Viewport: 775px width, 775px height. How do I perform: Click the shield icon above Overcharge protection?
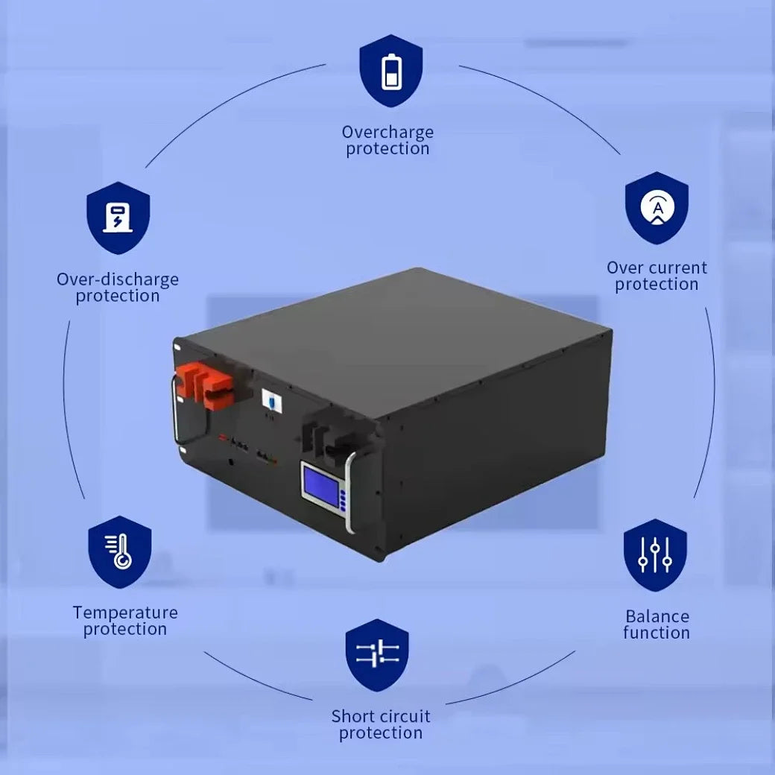point(391,71)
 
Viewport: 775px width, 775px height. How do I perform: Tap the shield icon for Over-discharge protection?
point(118,218)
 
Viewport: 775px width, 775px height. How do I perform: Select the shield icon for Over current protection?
point(657,208)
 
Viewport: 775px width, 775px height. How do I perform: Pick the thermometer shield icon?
point(120,552)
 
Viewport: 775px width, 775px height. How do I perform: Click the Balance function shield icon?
point(655,555)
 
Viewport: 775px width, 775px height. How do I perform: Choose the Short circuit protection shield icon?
point(377,655)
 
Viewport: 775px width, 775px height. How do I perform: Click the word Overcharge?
point(387,132)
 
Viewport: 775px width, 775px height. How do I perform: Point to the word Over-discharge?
point(118,279)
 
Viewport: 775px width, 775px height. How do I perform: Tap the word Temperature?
point(125,613)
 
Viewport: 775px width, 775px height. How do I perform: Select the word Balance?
point(657,616)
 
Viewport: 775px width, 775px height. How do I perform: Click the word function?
point(657,633)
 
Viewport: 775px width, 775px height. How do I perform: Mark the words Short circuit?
point(381,716)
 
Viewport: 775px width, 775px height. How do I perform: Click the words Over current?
point(657,268)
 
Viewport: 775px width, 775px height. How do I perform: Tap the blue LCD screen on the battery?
point(321,487)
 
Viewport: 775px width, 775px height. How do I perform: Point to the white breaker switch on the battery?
point(272,400)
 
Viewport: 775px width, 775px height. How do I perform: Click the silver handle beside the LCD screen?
point(350,493)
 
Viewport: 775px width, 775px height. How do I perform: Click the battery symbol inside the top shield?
point(391,72)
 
